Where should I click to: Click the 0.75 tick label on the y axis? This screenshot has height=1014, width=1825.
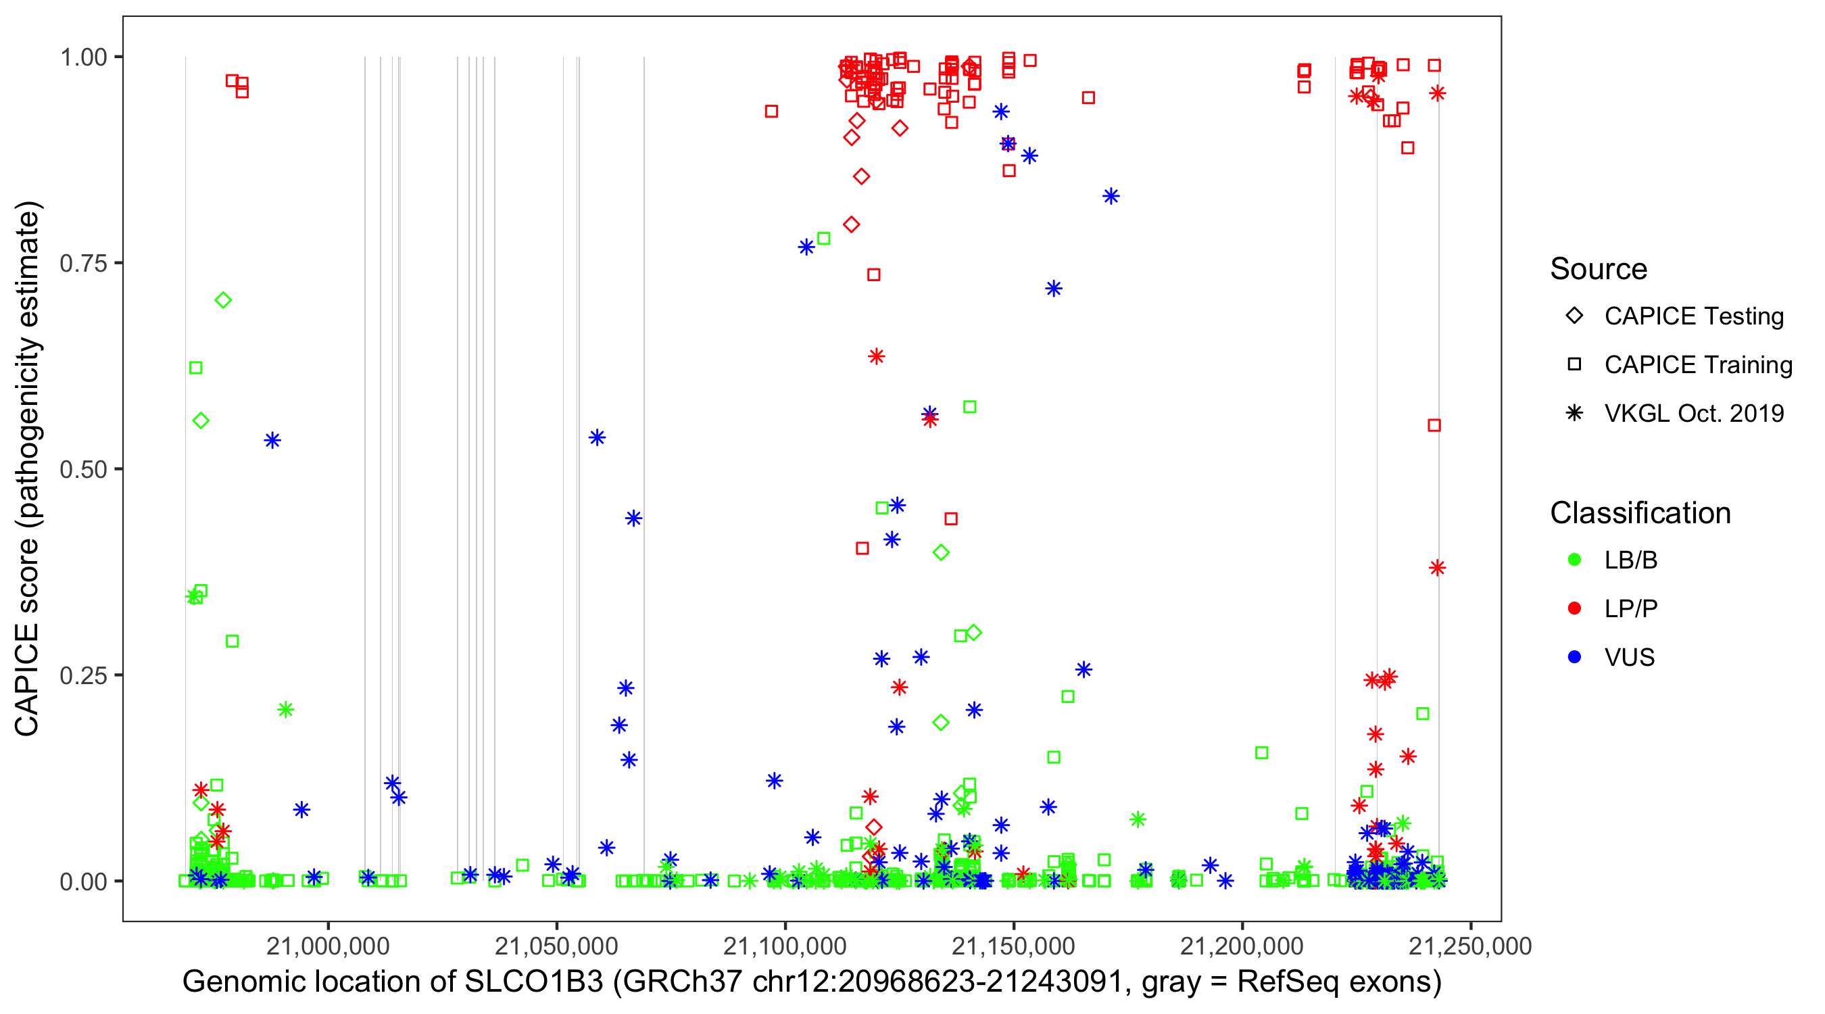click(x=82, y=263)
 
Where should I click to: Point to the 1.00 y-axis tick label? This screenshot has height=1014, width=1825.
click(x=82, y=57)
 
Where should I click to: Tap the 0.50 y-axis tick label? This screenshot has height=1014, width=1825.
click(x=82, y=469)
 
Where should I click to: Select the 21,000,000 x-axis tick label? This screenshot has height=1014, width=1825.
click(x=328, y=945)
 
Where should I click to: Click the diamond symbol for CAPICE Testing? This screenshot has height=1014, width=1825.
click(x=1574, y=316)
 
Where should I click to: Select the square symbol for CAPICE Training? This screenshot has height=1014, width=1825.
click(x=1574, y=364)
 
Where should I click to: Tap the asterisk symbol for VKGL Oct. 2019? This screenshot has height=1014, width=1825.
click(x=1574, y=413)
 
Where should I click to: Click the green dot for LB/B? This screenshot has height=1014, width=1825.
click(x=1574, y=560)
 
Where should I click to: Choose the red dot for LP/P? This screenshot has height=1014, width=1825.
click(x=1574, y=608)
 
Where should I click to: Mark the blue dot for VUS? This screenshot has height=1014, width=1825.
click(x=1574, y=657)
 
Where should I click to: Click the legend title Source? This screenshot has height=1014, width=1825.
click(x=1599, y=269)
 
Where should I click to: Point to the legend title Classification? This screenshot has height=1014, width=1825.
click(x=1640, y=513)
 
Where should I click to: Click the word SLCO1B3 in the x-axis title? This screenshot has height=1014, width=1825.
click(x=533, y=982)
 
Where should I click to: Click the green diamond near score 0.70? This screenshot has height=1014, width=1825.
click(x=223, y=300)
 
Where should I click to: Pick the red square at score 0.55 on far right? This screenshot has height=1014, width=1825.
click(x=1434, y=425)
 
